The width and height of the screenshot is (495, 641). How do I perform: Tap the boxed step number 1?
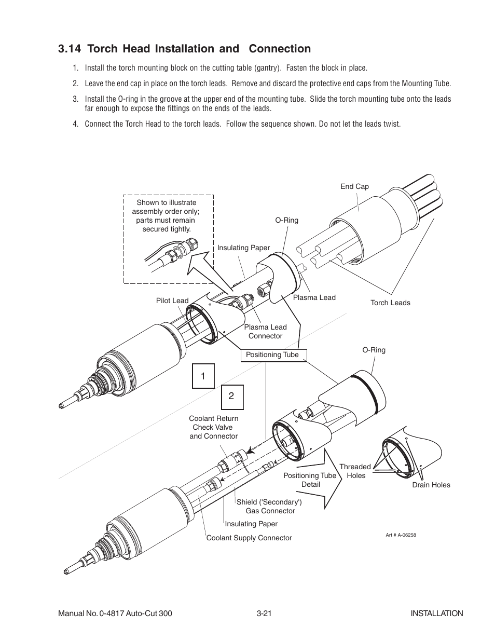[203, 376]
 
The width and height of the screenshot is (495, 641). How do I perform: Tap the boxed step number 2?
[231, 396]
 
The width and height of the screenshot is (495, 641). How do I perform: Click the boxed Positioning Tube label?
[272, 355]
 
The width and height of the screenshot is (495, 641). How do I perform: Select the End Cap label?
[354, 187]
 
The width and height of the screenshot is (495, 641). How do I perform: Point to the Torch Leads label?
[390, 303]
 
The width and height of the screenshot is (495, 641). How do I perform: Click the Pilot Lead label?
[172, 301]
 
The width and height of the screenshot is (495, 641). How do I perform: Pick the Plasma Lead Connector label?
[265, 332]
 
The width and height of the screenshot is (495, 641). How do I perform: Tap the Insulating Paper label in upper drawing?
[243, 248]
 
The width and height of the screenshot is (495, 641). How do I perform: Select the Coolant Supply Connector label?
[249, 538]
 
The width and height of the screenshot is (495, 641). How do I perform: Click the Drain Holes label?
[431, 485]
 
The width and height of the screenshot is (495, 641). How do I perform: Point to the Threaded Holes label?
[355, 471]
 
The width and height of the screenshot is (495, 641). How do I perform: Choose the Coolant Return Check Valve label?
[214, 427]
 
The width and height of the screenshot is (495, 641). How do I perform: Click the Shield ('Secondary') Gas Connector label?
[269, 507]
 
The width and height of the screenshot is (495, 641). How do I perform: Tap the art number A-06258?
[401, 535]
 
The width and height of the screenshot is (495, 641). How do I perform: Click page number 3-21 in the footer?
[264, 613]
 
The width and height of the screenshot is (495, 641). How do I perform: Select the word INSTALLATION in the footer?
[436, 613]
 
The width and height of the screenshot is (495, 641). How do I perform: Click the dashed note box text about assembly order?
[167, 216]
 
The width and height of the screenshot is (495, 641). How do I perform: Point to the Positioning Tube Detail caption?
[310, 480]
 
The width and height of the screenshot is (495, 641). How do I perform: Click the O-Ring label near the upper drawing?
[286, 221]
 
